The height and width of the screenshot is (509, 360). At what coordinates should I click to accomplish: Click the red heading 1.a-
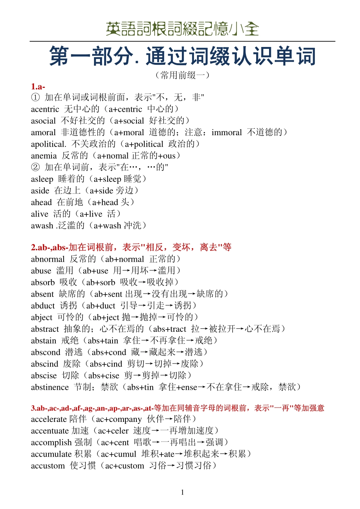pyautogui.click(x=38, y=86)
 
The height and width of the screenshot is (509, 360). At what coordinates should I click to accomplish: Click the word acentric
pyautogui.click(x=45, y=109)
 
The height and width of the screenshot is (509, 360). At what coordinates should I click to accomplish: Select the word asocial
pyautogui.click(x=43, y=121)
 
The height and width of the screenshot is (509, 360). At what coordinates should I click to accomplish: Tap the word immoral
pyautogui.click(x=226, y=133)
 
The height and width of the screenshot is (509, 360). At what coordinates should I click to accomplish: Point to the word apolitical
pyautogui.click(x=48, y=144)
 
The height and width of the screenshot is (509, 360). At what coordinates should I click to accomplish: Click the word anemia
pyautogui.click(x=44, y=156)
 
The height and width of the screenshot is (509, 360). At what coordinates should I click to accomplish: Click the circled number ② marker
pyautogui.click(x=35, y=167)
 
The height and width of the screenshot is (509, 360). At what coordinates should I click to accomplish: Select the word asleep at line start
pyautogui.click(x=42, y=179)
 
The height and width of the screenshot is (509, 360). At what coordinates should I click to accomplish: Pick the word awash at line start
pyautogui.click(x=42, y=226)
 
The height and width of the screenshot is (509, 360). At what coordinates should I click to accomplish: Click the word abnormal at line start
pyautogui.click(x=48, y=259)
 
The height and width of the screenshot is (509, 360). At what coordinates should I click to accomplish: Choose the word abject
pyautogui.click(x=42, y=317)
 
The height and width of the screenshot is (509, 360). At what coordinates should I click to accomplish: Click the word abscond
pyautogui.click(x=45, y=352)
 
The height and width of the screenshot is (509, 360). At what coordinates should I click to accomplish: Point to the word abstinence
pyautogui.click(x=50, y=387)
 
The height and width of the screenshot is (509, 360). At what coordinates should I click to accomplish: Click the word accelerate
pyautogui.click(x=49, y=419)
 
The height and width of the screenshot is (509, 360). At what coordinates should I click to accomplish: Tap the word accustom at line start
pyautogui.click(x=48, y=466)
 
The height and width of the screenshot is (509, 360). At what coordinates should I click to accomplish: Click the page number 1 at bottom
pyautogui.click(x=182, y=492)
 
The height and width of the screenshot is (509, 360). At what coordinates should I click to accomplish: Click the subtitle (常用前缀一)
pyautogui.click(x=182, y=75)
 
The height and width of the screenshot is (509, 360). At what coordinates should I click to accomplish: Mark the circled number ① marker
pyautogui.click(x=35, y=97)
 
